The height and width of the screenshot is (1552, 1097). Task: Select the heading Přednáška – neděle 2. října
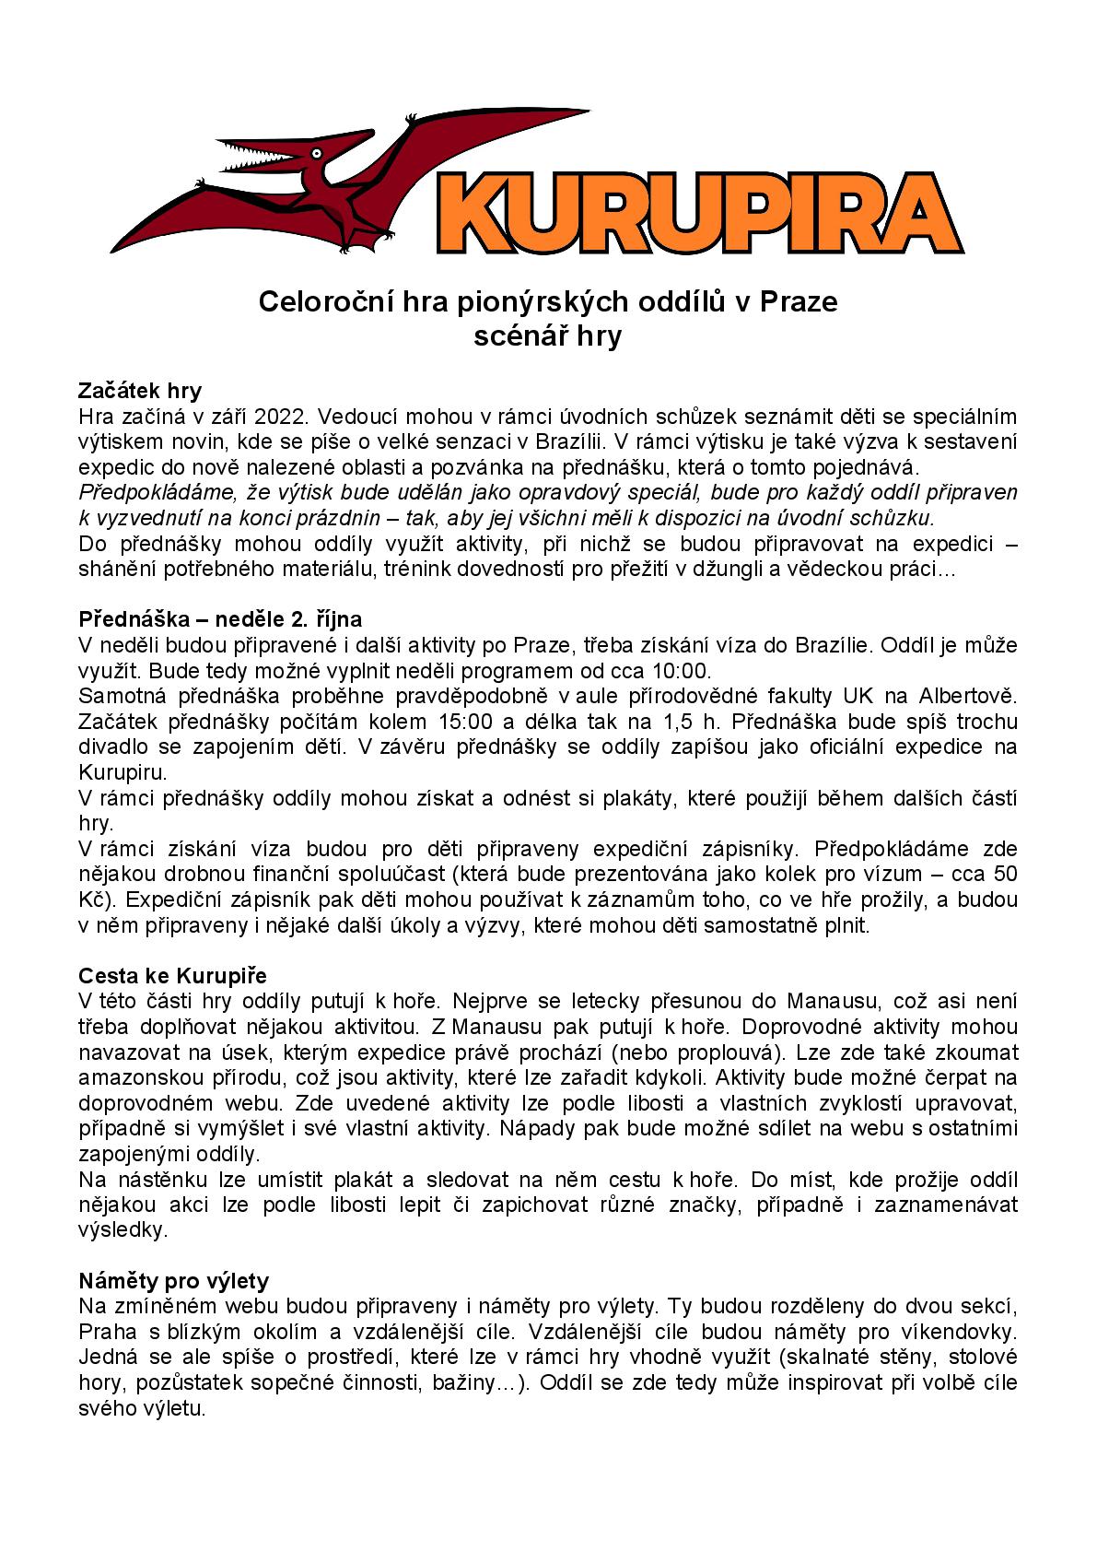pyautogui.click(x=220, y=617)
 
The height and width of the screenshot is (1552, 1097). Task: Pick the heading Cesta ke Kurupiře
pyautogui.click(x=172, y=975)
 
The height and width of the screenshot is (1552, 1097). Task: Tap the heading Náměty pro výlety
pyautogui.click(x=173, y=1280)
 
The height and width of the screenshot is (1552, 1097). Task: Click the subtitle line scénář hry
pyautogui.click(x=547, y=335)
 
